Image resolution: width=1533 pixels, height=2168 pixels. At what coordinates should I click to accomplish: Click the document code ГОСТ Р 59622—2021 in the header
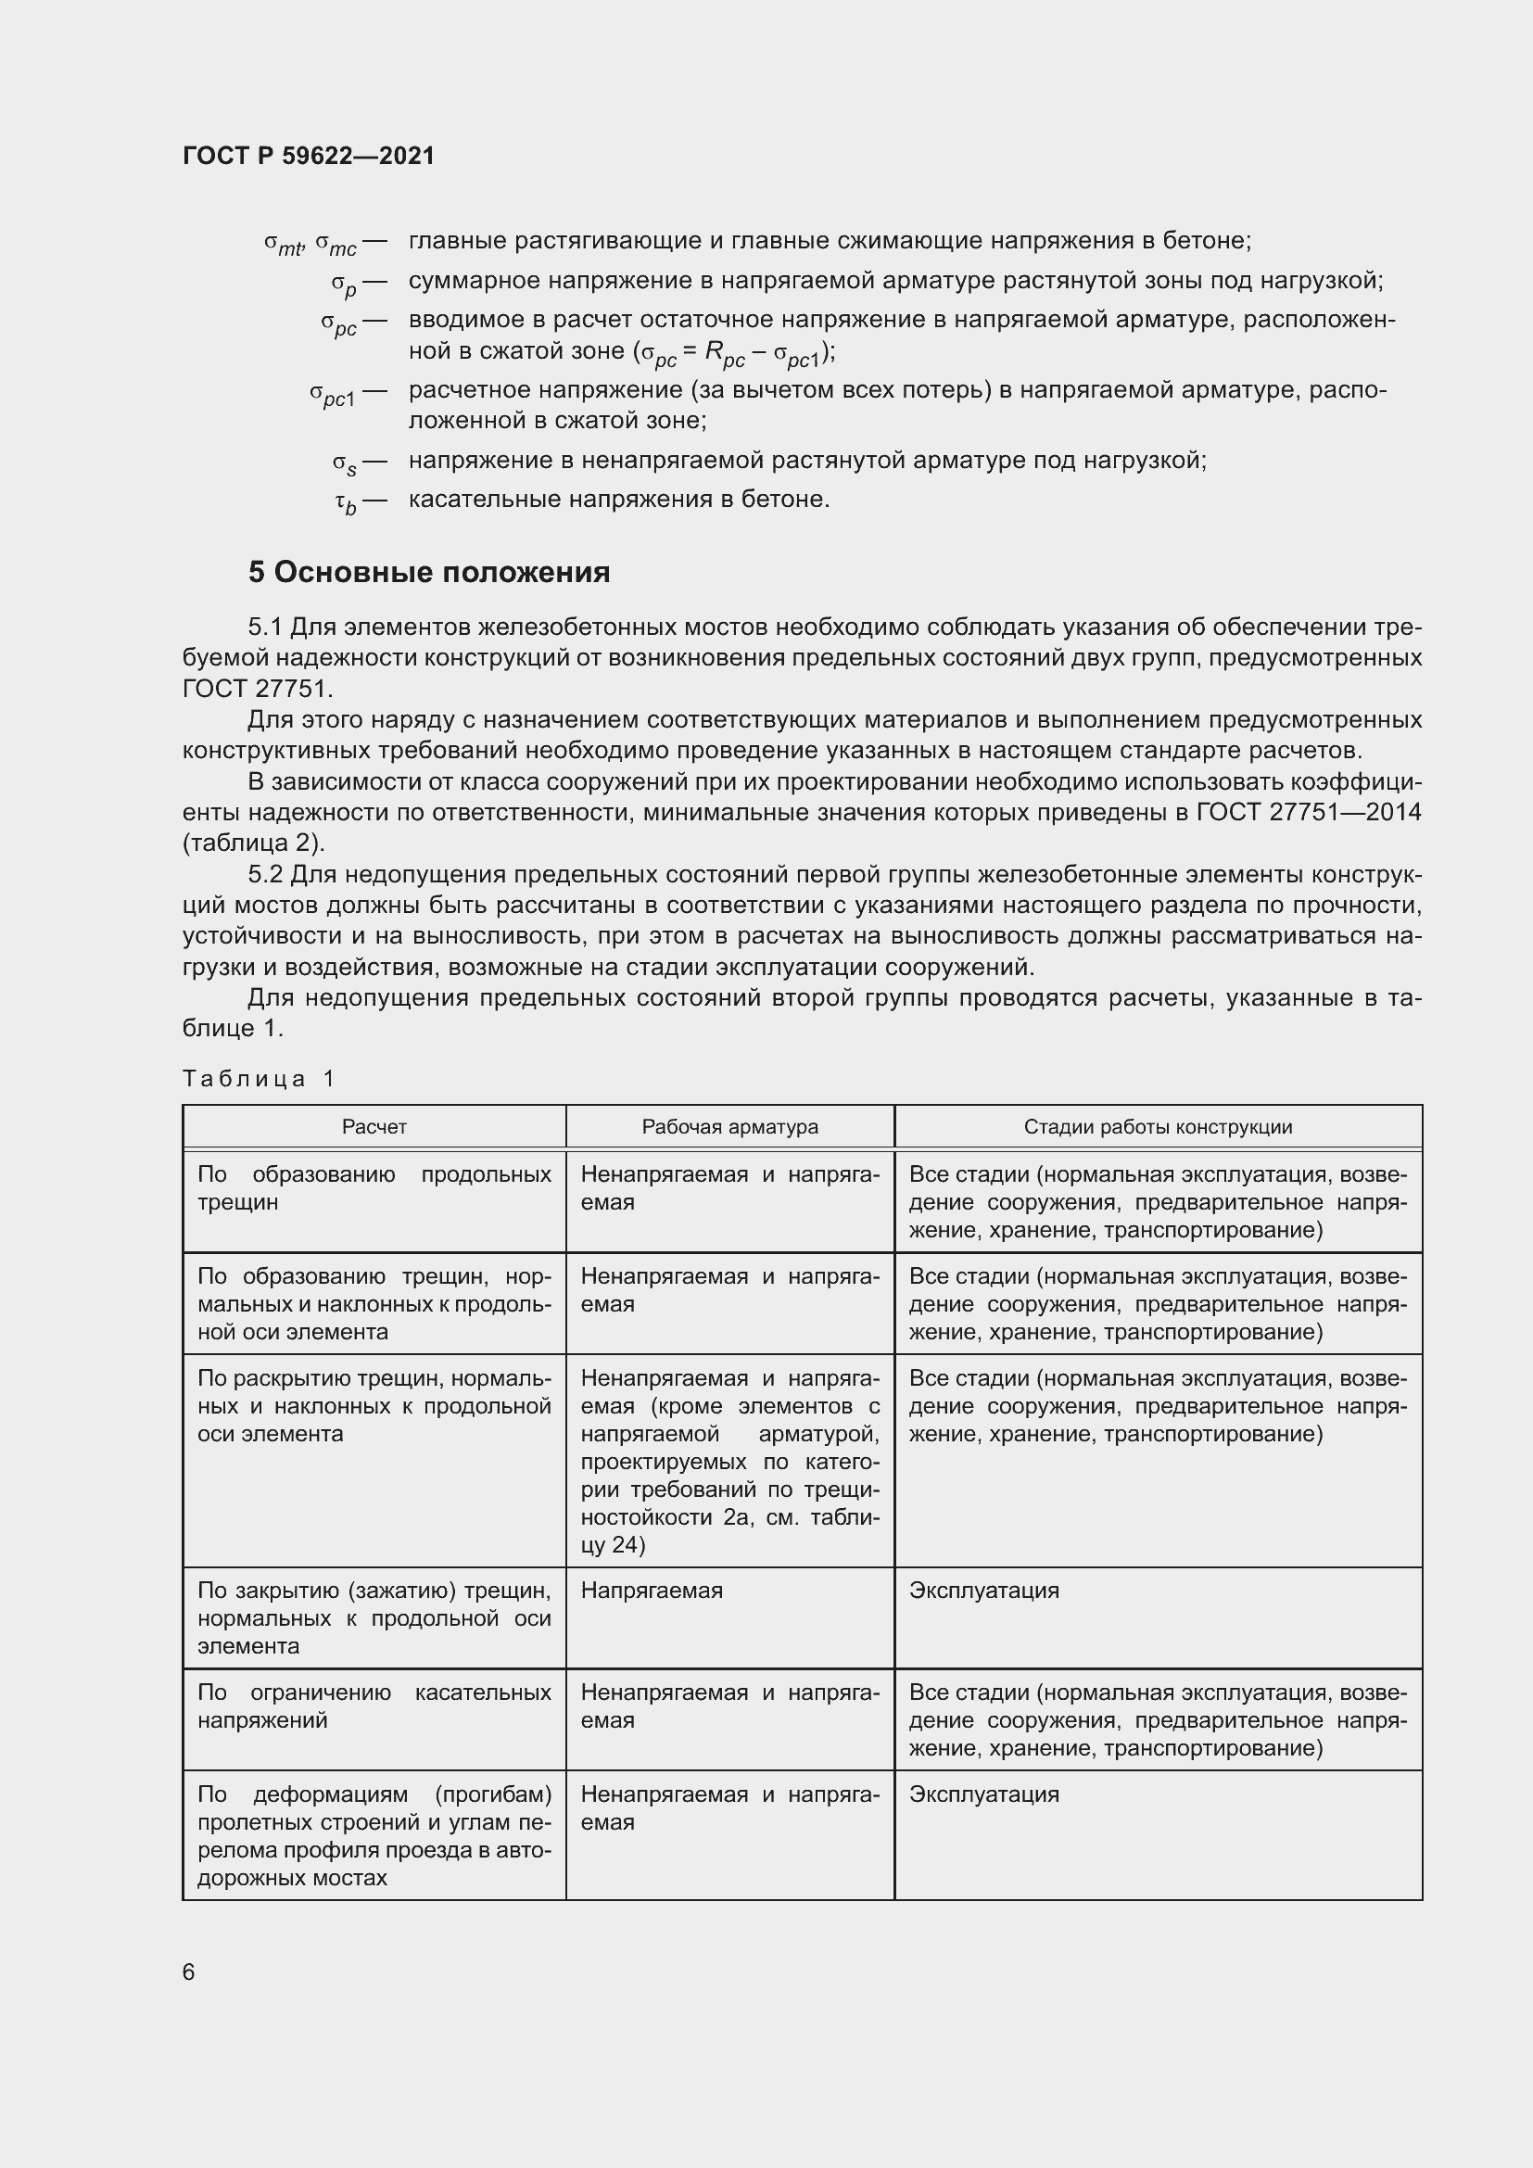pyautogui.click(x=309, y=156)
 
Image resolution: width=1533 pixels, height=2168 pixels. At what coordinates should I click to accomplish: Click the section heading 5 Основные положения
pyautogui.click(x=428, y=572)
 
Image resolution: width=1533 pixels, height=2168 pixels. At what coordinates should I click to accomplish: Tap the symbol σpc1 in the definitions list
pyautogui.click(x=333, y=394)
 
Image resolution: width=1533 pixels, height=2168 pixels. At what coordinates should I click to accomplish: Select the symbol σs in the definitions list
pyautogui.click(x=345, y=463)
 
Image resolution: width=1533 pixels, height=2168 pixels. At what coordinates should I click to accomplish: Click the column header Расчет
pyautogui.click(x=374, y=1126)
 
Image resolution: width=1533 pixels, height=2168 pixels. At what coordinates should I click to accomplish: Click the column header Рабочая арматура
pyautogui.click(x=729, y=1126)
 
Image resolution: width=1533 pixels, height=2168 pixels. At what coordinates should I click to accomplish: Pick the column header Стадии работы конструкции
pyautogui.click(x=1158, y=1126)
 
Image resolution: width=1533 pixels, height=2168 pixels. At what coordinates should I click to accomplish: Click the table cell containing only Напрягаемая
pyautogui.click(x=652, y=1591)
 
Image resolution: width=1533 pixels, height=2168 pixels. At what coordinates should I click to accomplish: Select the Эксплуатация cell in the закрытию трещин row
pyautogui.click(x=983, y=1591)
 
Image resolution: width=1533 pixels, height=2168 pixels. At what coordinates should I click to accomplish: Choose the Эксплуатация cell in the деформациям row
pyautogui.click(x=983, y=1794)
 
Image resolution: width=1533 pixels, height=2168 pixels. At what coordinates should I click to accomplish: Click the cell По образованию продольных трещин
pyautogui.click(x=374, y=1188)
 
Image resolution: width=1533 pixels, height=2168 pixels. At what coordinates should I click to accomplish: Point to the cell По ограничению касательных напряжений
pyautogui.click(x=374, y=1705)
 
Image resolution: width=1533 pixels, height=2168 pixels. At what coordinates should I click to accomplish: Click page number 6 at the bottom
pyautogui.click(x=189, y=1971)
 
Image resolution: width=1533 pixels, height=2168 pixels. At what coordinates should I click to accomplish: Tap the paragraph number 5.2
pyautogui.click(x=265, y=875)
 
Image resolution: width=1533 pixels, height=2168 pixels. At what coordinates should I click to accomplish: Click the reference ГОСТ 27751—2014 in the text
pyautogui.click(x=1309, y=813)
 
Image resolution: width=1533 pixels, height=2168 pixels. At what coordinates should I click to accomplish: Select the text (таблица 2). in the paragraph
pyautogui.click(x=253, y=843)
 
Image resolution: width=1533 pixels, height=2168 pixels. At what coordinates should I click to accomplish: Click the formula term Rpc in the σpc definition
pyautogui.click(x=724, y=354)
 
